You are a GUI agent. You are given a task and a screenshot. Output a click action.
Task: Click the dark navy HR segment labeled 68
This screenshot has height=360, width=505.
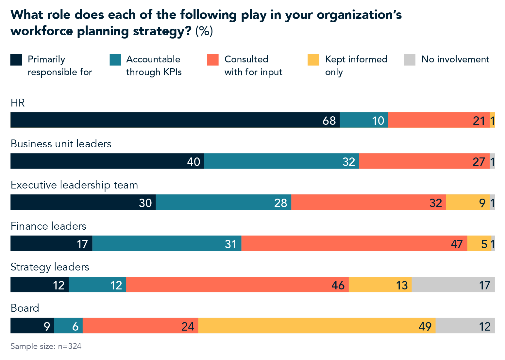click(x=175, y=120)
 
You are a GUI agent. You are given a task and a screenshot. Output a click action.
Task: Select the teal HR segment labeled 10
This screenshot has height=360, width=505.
click(x=364, y=120)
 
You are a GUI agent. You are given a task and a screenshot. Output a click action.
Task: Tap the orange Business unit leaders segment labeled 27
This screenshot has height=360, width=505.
click(x=424, y=161)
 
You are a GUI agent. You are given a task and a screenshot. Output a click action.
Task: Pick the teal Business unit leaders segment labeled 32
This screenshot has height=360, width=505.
click(x=281, y=161)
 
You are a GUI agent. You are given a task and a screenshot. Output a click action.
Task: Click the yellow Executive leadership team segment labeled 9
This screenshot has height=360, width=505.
click(x=468, y=202)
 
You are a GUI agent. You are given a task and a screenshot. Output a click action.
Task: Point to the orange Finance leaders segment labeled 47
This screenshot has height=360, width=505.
click(x=354, y=243)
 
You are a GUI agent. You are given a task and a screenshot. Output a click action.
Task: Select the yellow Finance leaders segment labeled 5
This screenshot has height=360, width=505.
click(x=479, y=243)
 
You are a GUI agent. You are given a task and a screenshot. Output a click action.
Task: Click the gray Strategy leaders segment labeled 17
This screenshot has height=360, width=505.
click(x=453, y=285)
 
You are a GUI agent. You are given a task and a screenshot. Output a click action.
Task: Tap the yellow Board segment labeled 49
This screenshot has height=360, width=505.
click(x=317, y=326)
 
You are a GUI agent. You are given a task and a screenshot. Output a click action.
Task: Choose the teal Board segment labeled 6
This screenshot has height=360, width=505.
click(x=68, y=326)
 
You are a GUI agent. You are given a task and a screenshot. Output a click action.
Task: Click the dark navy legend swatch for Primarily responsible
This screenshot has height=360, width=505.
click(x=16, y=60)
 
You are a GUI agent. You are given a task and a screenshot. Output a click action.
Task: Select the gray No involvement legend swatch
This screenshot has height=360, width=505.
click(x=409, y=60)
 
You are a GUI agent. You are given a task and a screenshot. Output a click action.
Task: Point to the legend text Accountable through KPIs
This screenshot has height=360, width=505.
click(x=154, y=66)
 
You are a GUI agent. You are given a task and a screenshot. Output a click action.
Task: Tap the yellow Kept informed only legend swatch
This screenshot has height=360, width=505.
click(x=313, y=60)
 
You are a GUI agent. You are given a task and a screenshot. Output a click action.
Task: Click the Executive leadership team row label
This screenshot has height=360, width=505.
click(x=74, y=185)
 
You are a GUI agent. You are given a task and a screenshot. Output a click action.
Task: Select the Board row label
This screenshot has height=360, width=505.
click(x=25, y=308)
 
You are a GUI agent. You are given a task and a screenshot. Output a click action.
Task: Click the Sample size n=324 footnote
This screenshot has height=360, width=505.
click(x=46, y=346)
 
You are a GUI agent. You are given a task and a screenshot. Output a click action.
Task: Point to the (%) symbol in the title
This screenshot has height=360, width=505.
click(x=204, y=31)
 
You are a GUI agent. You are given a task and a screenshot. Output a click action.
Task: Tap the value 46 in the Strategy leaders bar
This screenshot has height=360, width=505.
click(x=338, y=285)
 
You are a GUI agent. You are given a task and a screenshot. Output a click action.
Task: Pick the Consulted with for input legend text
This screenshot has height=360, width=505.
click(x=253, y=66)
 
